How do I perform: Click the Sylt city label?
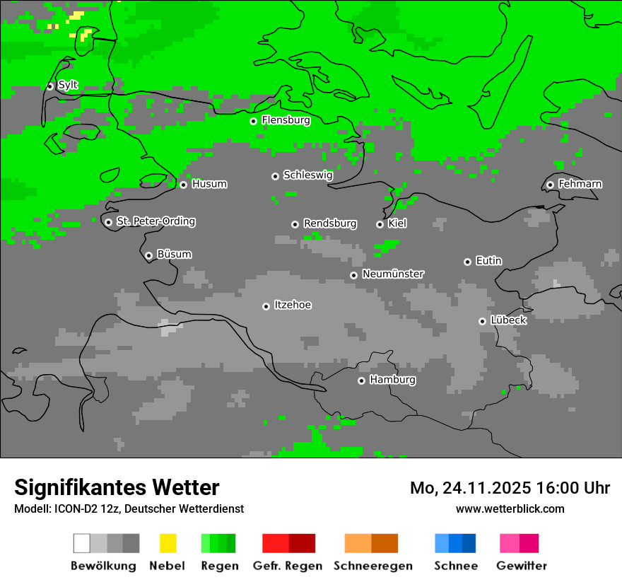[68, 86]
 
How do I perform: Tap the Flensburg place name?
[286, 120]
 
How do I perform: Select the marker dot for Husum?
[183, 185]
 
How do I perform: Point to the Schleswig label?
[307, 175]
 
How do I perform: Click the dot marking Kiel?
[380, 224]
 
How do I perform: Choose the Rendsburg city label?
[330, 223]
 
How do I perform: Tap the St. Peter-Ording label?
[155, 221]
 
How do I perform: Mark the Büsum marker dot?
[148, 255]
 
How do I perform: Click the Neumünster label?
[393, 274]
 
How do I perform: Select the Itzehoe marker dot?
[266, 306]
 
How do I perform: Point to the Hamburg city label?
[392, 380]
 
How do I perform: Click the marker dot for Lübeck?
[482, 321]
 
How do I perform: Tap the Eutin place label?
[488, 261]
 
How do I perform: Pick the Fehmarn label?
[580, 184]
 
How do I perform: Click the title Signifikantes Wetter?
[117, 487]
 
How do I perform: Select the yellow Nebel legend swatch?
[168, 543]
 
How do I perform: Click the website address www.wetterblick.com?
[510, 508]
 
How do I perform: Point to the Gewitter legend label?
[521, 566]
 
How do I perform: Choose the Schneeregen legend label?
[372, 566]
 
